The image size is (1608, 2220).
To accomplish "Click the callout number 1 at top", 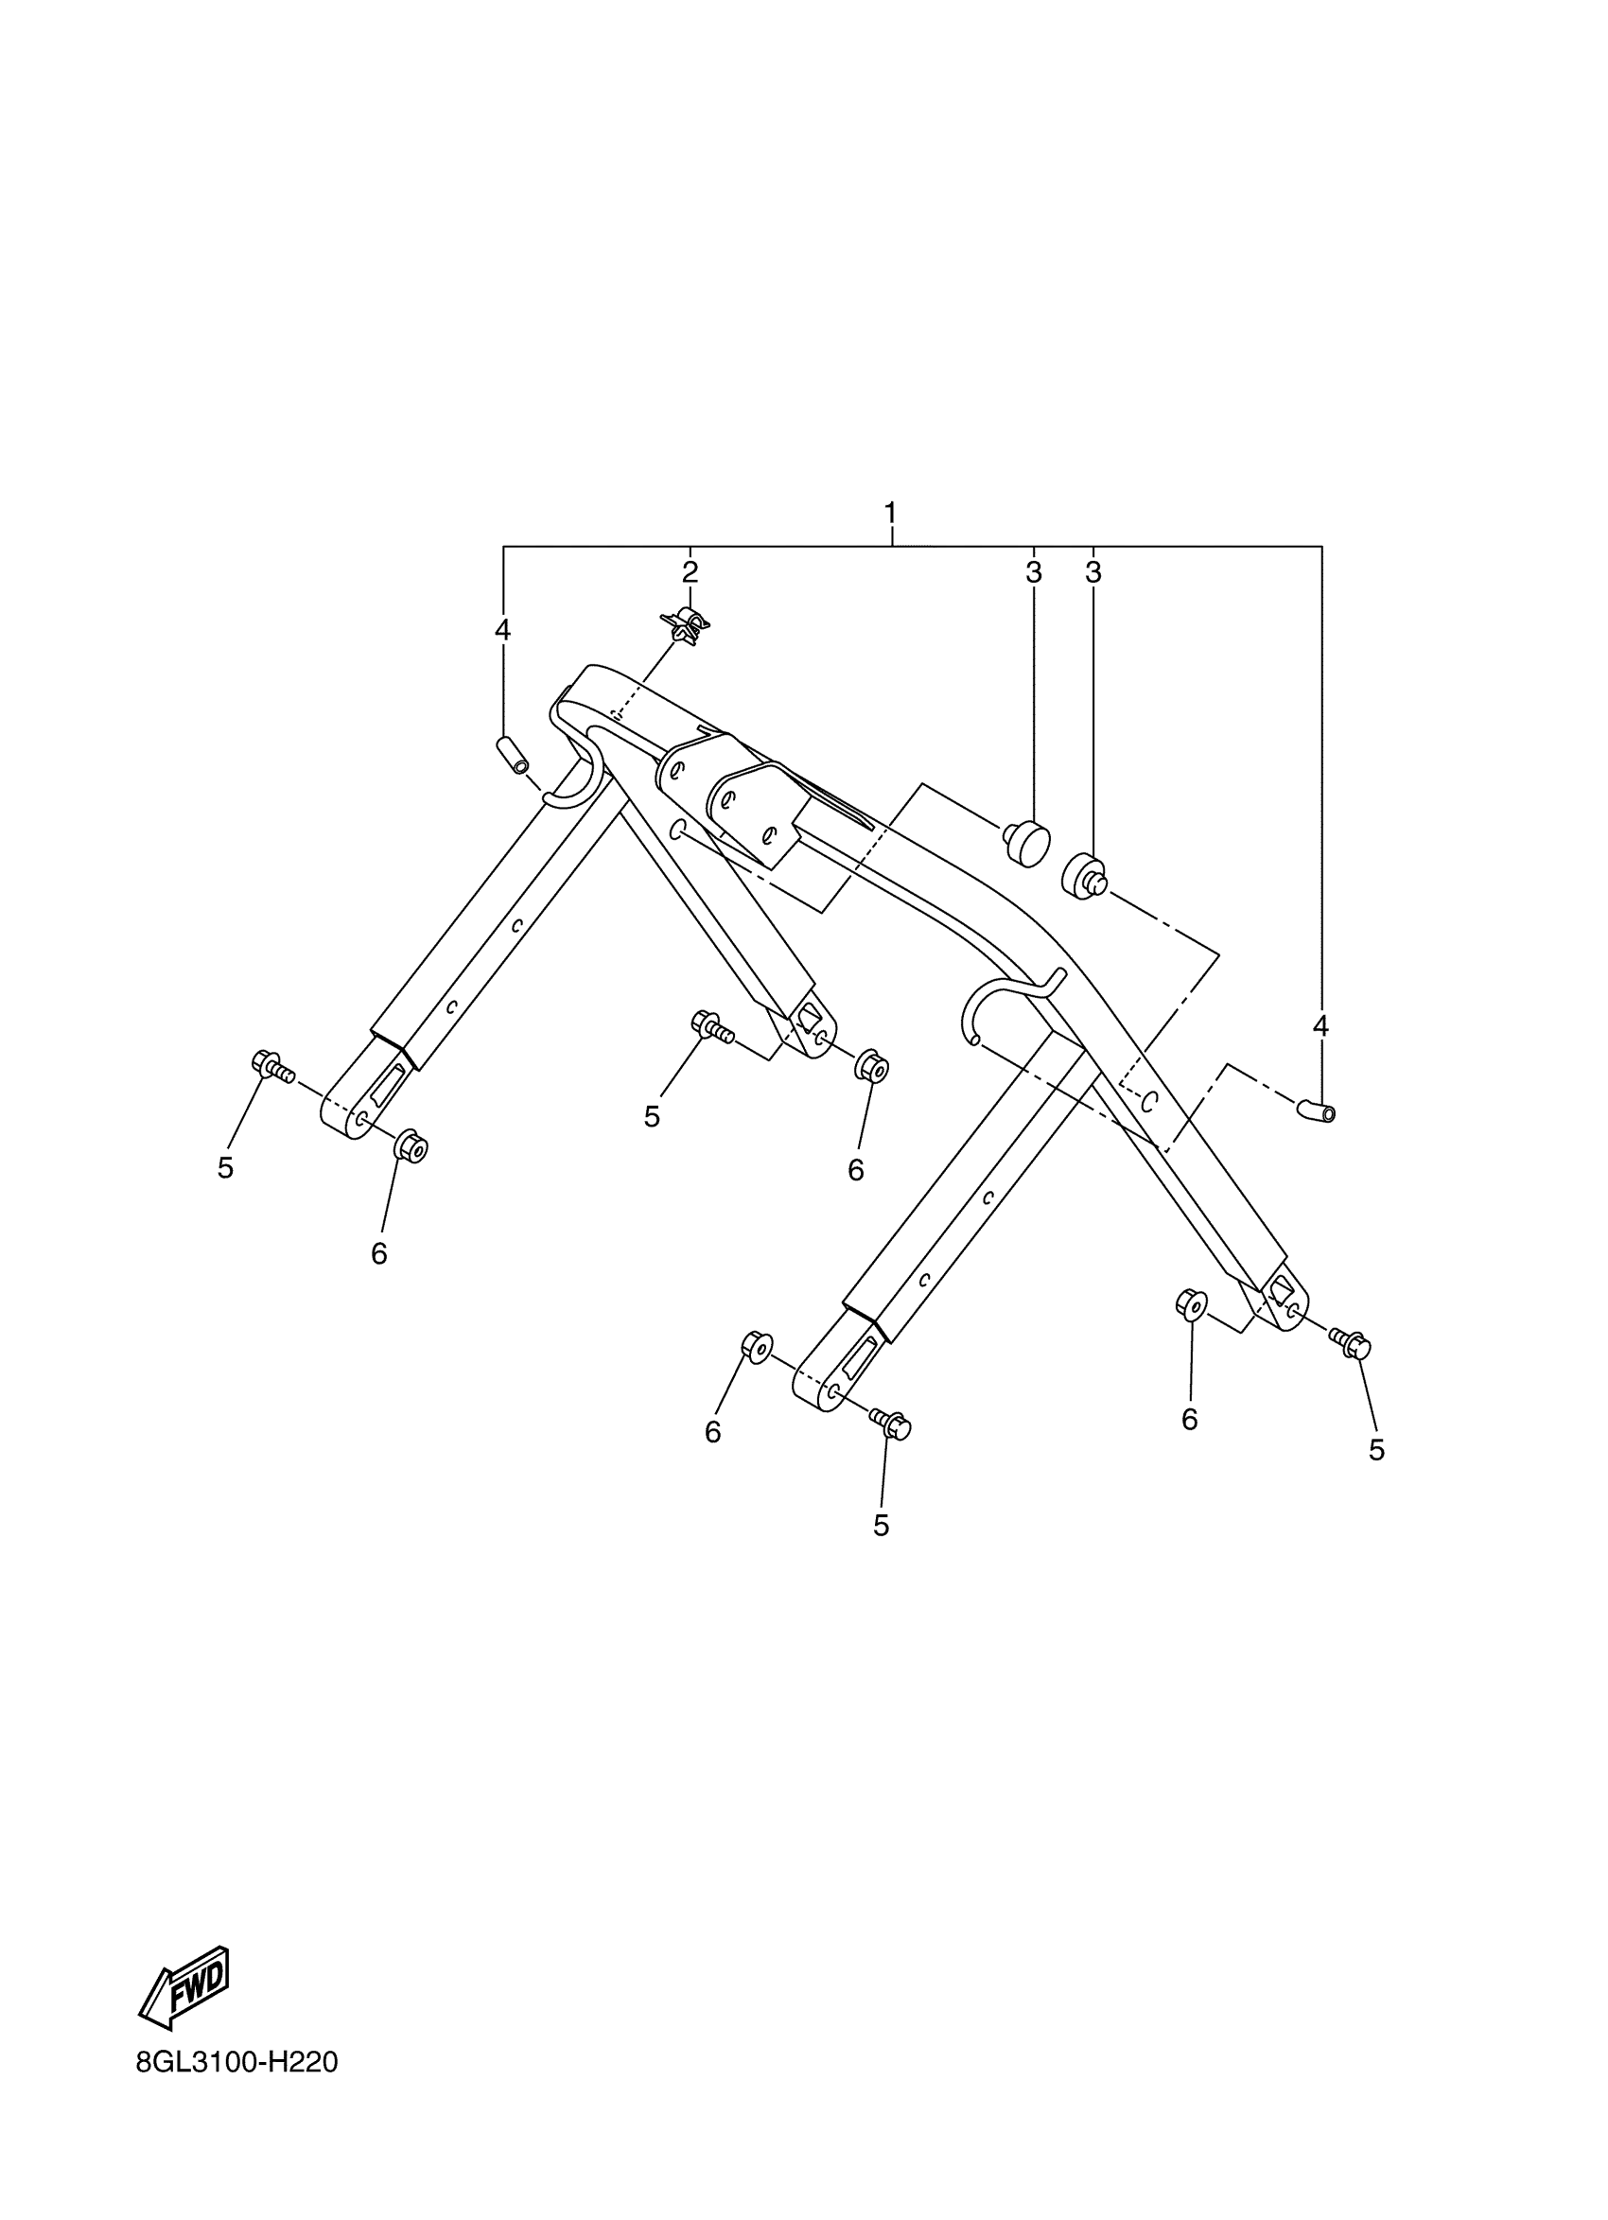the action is [890, 512].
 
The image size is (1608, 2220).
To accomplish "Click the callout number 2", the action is [690, 571].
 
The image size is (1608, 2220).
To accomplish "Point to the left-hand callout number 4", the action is [502, 629].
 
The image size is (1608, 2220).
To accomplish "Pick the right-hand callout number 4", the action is [1320, 1026].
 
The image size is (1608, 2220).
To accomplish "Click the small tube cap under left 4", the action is [513, 756].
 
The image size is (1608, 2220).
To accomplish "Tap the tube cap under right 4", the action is [1317, 1110].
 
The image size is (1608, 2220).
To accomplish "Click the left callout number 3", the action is [1034, 572].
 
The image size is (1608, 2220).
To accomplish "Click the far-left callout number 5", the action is [226, 1168].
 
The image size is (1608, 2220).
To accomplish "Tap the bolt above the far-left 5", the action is [271, 1066].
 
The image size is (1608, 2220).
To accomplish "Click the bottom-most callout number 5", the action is [881, 1525].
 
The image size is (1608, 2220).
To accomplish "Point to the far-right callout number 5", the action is [1376, 1451].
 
